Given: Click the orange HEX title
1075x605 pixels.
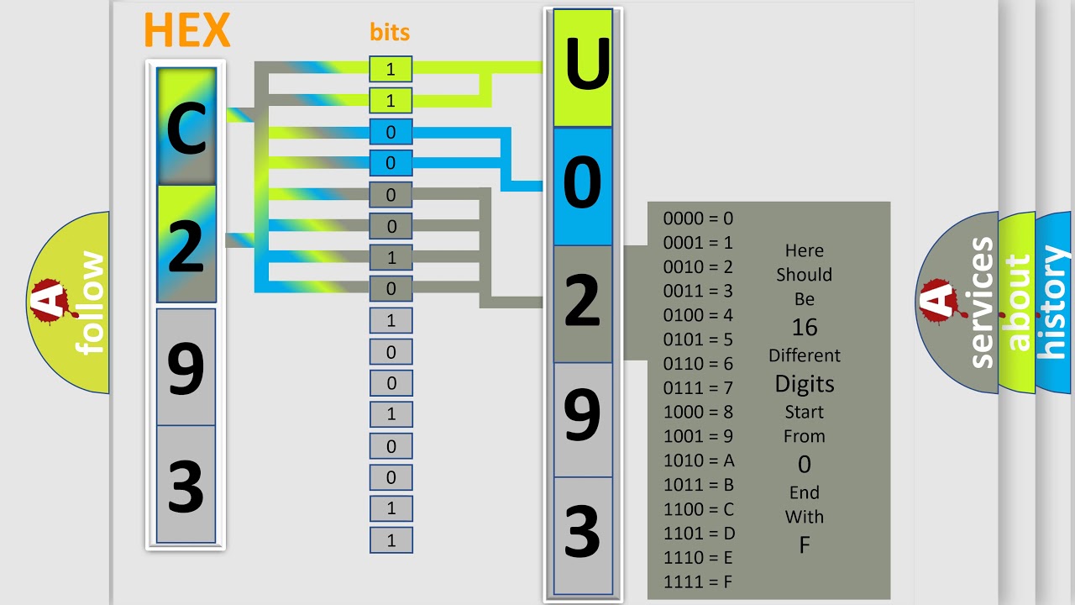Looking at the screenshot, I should pos(186,30).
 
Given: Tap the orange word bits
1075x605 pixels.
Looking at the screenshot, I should pos(390,33).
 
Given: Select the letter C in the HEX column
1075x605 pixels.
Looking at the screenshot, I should pos(186,130).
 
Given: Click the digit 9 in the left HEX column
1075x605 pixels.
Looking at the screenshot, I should pos(186,367).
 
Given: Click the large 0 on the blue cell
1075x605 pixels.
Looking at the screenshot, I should pos(582,185).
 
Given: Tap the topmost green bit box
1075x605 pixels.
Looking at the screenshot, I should pos(391,70).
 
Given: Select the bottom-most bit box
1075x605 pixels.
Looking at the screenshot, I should pos(391,540).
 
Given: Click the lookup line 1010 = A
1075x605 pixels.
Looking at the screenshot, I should pos(699,460).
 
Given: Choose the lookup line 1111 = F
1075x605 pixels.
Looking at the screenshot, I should pos(699,581).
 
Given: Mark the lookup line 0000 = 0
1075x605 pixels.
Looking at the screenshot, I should pos(698,218).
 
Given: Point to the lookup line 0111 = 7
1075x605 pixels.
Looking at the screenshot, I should pos(698,388).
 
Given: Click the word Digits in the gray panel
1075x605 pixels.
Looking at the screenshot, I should pos(804,384).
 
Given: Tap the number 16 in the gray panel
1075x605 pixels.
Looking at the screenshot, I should pos(804,327).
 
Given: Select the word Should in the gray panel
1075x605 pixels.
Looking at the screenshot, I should pos(804,275).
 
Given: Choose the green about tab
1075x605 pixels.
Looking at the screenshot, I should pos(1017,302).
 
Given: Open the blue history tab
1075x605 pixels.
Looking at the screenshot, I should pos(1053,302).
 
